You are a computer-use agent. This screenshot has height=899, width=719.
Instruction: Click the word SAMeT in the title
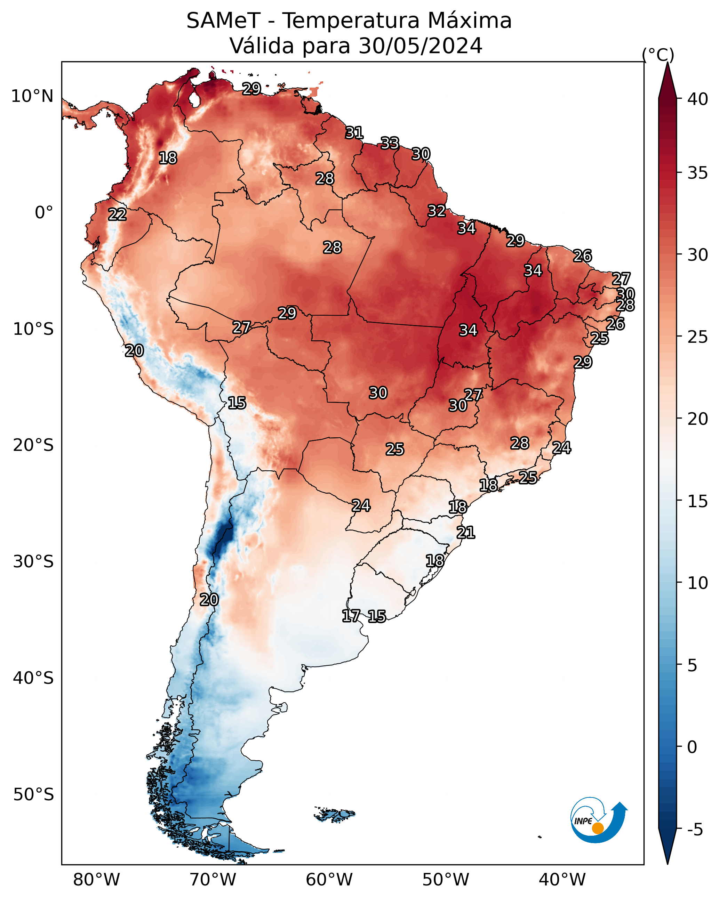[223, 21]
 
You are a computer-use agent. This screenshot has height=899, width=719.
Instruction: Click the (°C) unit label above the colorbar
[658, 55]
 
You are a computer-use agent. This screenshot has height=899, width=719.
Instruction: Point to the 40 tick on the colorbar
[698, 99]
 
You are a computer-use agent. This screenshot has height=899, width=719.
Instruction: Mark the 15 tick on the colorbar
[698, 501]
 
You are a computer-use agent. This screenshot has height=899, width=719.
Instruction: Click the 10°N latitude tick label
[32, 96]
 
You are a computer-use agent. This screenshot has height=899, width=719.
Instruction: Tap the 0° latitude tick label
[44, 213]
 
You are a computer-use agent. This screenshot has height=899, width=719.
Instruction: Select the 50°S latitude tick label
[33, 795]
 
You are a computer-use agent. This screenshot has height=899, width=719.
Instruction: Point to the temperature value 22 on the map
[117, 215]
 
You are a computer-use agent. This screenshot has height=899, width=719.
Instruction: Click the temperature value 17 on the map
[351, 616]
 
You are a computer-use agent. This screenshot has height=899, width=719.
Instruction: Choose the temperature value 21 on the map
[466, 533]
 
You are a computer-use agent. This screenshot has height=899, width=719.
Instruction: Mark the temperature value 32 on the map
[437, 211]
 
